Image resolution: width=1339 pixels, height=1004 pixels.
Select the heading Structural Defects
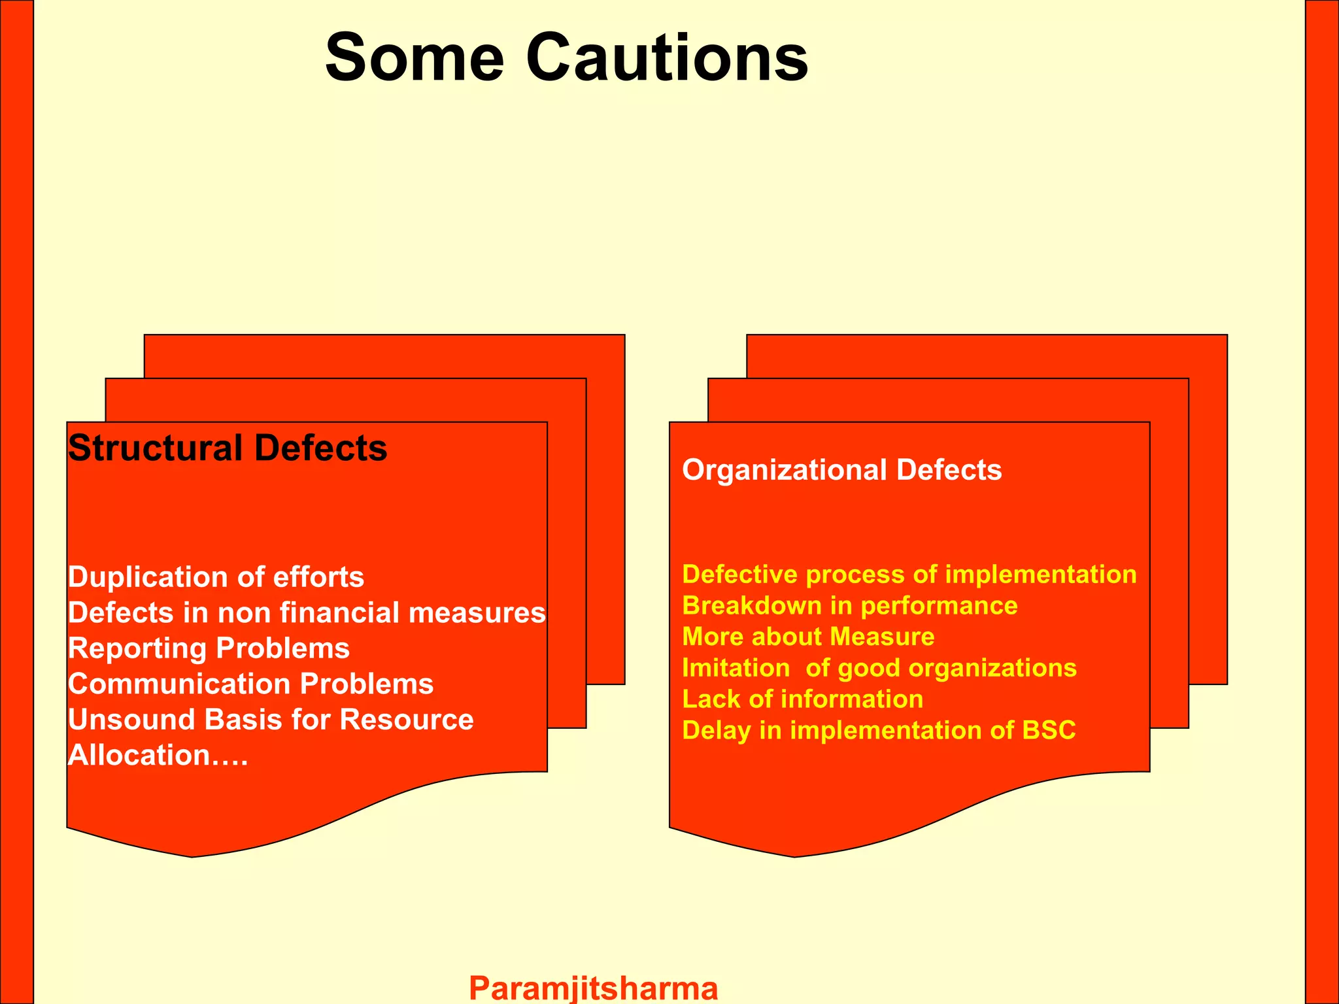[x=228, y=448]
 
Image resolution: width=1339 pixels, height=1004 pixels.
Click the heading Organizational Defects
[x=841, y=470]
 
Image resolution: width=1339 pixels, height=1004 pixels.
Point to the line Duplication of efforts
[x=216, y=577]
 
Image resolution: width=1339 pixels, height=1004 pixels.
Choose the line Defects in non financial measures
[x=307, y=613]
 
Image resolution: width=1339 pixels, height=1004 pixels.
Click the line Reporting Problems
[x=209, y=648]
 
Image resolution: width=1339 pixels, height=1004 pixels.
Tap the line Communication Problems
[x=250, y=684]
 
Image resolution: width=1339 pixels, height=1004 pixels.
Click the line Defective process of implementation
[x=909, y=575]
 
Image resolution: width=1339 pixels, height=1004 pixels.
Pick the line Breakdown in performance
[x=849, y=606]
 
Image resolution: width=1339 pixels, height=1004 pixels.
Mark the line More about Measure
[x=808, y=637]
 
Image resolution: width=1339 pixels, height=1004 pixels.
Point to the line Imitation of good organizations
[x=879, y=668]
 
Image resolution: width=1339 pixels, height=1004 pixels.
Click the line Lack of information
[x=802, y=699]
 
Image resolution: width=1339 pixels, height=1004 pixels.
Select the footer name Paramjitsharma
[x=594, y=987]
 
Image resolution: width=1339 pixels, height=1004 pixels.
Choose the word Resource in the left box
[x=406, y=720]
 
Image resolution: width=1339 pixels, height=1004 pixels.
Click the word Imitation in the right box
[x=736, y=668]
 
